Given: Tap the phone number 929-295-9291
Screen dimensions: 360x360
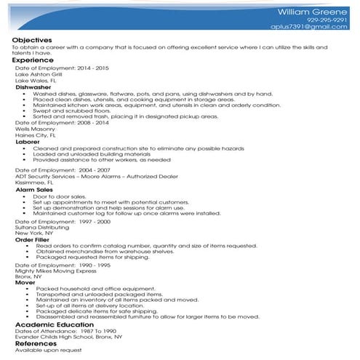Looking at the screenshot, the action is [328, 20].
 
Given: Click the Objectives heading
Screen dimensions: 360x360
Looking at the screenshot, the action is [32, 39].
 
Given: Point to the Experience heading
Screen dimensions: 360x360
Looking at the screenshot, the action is [32, 60].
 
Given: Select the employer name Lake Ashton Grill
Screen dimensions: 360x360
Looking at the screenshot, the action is [39, 74].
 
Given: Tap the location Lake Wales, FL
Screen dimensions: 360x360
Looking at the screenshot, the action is [36, 80].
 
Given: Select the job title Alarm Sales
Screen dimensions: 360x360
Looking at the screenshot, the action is [33, 189].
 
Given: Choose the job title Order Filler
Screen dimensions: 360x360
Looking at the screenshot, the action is [33, 239].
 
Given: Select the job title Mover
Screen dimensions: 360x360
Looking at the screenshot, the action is [25, 282].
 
